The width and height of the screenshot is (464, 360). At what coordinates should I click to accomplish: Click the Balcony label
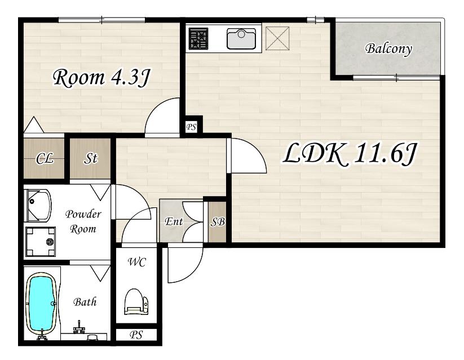388,49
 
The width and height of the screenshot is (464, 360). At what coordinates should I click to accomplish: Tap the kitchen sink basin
241,38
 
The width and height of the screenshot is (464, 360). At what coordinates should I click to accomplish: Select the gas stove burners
198,38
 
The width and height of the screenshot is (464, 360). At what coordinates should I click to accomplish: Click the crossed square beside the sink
277,38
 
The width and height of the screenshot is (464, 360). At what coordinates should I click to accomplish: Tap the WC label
136,262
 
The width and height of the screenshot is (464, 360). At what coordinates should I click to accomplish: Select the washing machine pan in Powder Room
41,242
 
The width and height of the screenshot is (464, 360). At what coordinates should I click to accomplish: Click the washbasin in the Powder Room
38,206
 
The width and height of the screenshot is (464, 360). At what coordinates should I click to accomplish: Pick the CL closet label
45,158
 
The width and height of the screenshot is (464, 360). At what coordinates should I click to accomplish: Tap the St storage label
90,158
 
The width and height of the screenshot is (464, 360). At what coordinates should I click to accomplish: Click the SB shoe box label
218,222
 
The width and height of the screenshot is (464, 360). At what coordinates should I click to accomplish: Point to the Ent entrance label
174,221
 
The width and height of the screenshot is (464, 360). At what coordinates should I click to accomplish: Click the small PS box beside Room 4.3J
191,127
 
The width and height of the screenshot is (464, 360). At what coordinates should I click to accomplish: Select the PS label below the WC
136,335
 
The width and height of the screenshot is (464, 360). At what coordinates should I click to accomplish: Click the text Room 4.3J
102,78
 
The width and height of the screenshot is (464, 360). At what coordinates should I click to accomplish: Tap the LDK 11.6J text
350,154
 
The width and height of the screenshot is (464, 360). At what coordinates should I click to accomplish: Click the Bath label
85,302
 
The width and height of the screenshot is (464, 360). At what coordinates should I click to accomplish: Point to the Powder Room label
83,221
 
